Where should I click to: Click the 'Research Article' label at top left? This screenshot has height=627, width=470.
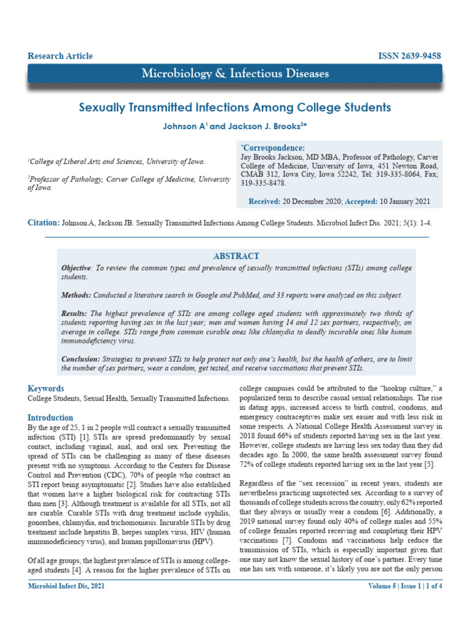pos(60,56)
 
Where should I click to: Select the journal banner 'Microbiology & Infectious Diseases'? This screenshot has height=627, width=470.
pos(235,74)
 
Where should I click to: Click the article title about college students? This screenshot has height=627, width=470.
pos(235,108)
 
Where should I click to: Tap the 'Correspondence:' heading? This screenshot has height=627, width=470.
pos(272,148)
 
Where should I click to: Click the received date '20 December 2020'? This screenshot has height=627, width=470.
pos(311,201)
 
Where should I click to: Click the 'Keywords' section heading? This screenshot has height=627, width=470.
pos(46,389)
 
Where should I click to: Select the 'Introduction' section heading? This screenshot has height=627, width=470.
pos(51,418)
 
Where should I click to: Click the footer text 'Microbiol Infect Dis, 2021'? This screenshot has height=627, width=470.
pos(67,587)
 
